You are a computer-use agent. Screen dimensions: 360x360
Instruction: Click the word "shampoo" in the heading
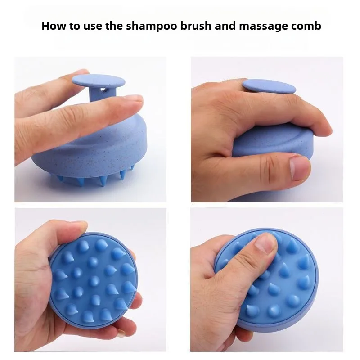point(149,26)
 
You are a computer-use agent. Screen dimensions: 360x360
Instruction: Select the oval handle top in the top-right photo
point(270,85)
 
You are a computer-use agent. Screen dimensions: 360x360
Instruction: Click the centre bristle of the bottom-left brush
point(94,281)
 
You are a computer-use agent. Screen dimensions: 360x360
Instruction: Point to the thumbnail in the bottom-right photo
point(265,245)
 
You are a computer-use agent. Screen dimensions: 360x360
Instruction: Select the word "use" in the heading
point(90,26)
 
